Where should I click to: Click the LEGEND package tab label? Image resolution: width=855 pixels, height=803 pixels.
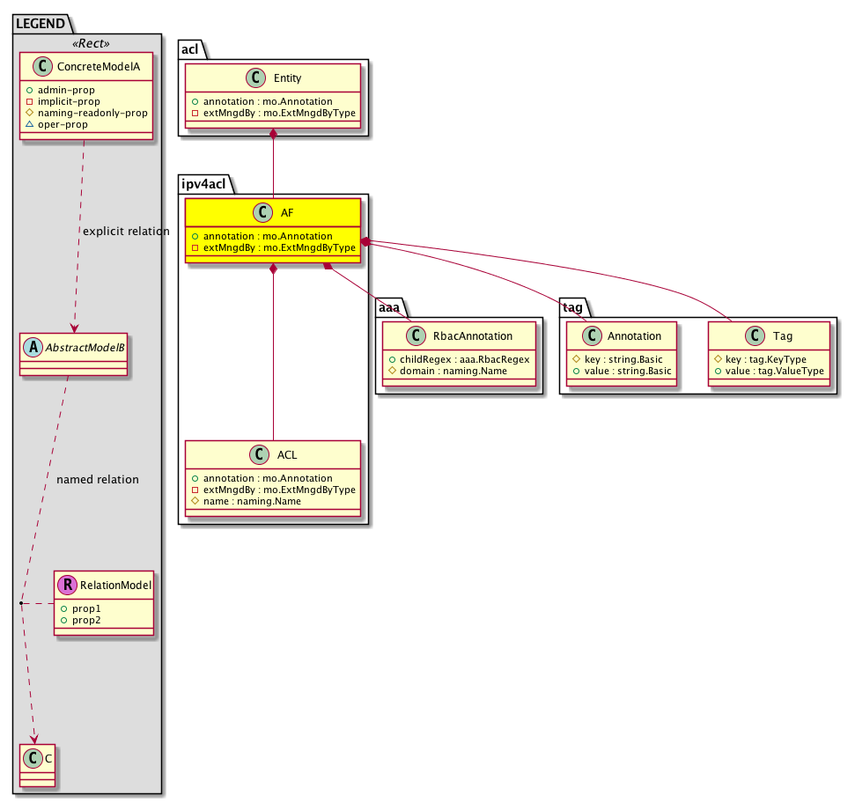click(x=41, y=24)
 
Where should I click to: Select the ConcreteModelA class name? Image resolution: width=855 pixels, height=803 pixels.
click(x=99, y=67)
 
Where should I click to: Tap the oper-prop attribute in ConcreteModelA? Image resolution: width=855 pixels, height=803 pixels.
click(x=63, y=124)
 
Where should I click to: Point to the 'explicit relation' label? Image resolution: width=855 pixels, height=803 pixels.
click(x=126, y=232)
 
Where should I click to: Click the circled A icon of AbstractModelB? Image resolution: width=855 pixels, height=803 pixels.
click(x=33, y=347)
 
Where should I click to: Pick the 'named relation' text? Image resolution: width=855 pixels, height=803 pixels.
click(x=98, y=480)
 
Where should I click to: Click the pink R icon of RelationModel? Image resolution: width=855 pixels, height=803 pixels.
click(x=68, y=585)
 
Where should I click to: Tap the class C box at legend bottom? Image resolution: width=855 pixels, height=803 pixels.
click(x=37, y=765)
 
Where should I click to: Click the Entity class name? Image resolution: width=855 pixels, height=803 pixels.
click(x=287, y=78)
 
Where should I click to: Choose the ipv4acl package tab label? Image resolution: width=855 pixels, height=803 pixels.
click(x=203, y=184)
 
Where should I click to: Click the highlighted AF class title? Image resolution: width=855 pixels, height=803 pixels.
click(x=287, y=212)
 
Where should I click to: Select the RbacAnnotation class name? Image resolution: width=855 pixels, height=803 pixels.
click(x=473, y=335)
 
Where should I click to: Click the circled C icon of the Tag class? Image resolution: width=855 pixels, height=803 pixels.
click(x=755, y=335)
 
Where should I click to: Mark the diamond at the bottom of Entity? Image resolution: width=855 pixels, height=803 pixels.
click(x=273, y=134)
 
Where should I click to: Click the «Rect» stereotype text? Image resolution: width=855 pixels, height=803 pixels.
click(x=91, y=43)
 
